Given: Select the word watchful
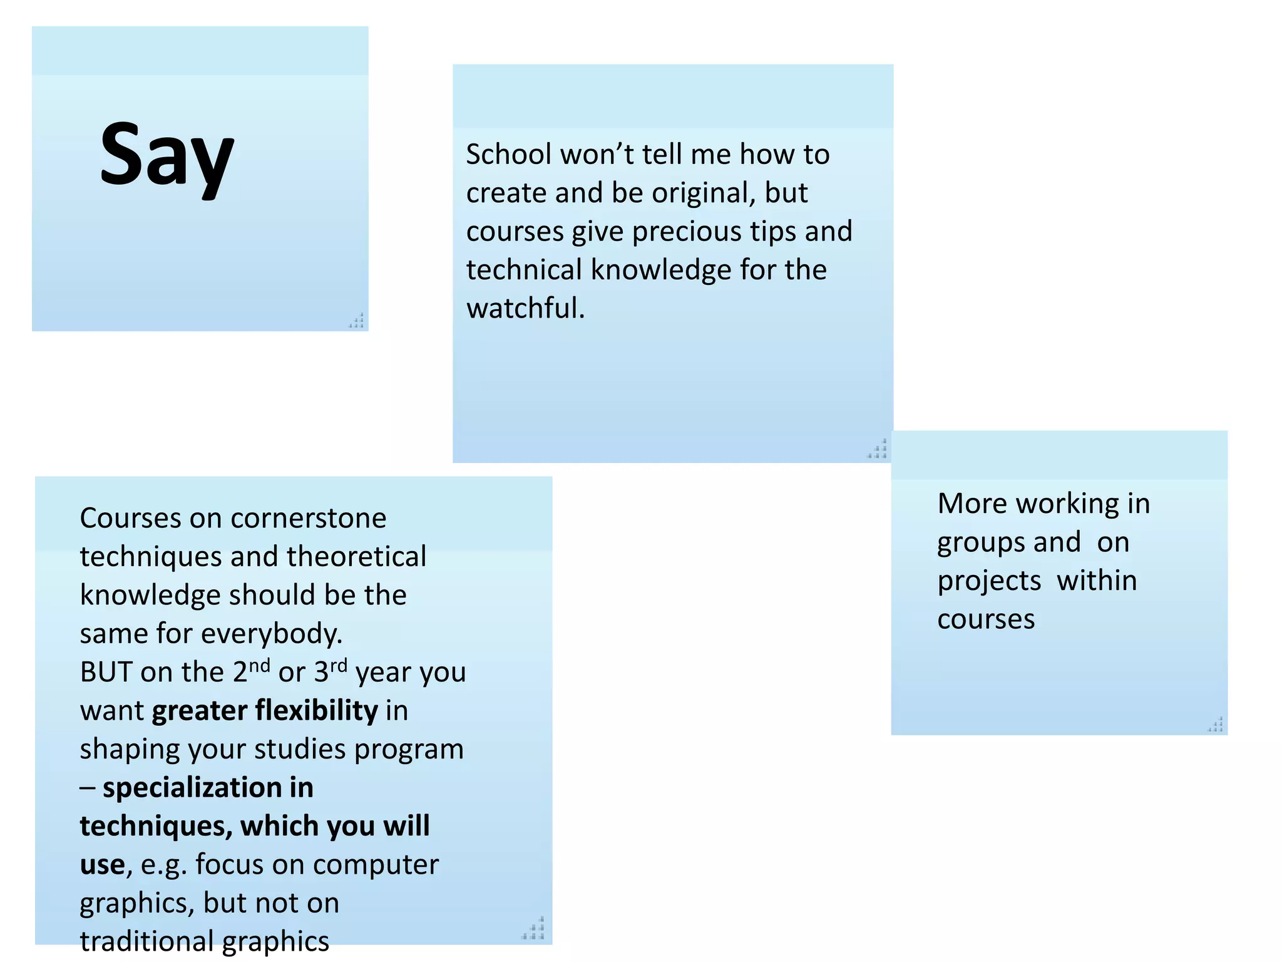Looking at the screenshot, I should coord(525,308).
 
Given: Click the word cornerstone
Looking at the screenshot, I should coord(308,519).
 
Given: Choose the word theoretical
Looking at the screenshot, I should coord(356,557).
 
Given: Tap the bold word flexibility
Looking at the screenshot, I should coord(316,711).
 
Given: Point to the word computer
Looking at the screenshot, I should coord(376,865).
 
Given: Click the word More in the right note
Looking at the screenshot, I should coord(972,504).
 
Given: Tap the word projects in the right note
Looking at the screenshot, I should coord(988,581).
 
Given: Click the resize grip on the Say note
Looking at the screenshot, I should coord(356,321).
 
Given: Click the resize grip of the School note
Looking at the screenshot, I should coord(878,449).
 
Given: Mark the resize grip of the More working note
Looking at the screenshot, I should coord(1216,725).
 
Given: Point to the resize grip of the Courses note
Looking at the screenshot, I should coord(533,929).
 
